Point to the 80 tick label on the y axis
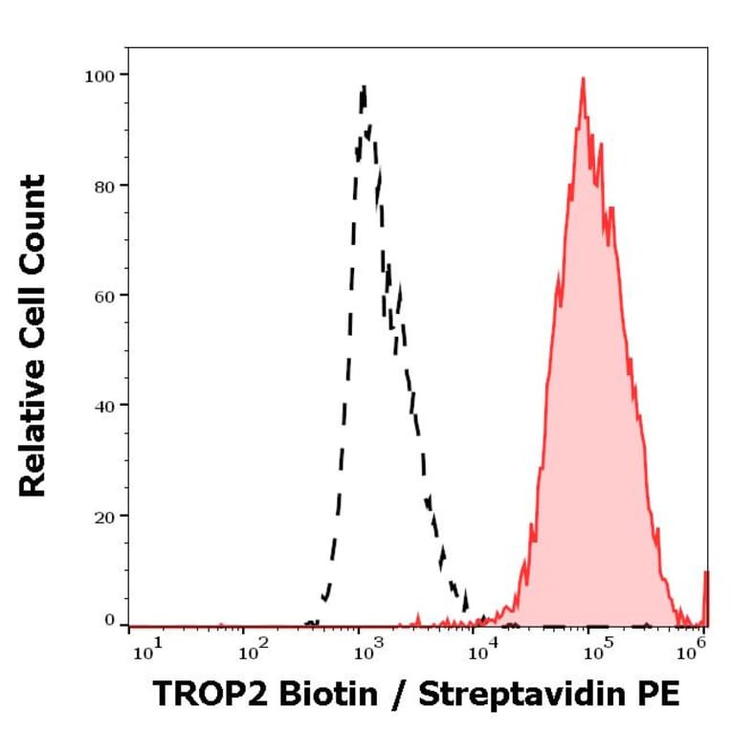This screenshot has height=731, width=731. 104,185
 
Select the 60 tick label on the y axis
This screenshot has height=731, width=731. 104,295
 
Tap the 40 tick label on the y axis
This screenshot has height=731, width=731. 104,406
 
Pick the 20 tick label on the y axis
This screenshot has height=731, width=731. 104,516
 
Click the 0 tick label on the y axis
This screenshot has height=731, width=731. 109,621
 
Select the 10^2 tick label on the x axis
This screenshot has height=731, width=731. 253,653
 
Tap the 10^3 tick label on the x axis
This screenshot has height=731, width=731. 367,653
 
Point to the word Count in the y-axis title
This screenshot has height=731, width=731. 33,211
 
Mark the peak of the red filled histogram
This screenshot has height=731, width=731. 582,79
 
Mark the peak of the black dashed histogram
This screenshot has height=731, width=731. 364,87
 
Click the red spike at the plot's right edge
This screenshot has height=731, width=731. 706,593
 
